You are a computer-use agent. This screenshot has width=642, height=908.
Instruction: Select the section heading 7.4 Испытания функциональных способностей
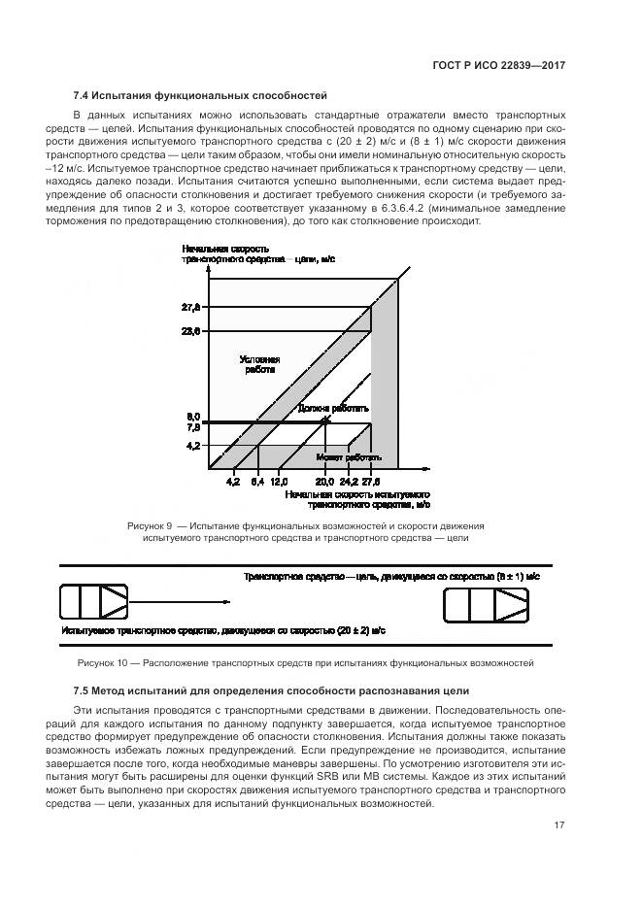pos(200,95)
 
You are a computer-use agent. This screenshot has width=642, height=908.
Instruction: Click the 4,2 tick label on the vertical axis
pos(192,446)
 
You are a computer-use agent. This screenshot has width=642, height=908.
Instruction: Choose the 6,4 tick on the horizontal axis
pos(257,482)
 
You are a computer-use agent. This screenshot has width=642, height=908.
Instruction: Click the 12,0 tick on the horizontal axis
pos(279,482)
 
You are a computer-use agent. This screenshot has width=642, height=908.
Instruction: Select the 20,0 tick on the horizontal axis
pos(324,482)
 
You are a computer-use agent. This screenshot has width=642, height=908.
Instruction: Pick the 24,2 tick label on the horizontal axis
pos(348,482)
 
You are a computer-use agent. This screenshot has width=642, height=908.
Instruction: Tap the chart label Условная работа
pos(259,364)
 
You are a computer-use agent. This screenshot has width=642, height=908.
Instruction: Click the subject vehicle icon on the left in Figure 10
pos(94,603)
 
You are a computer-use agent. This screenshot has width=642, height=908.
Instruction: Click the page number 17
pos(559,826)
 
